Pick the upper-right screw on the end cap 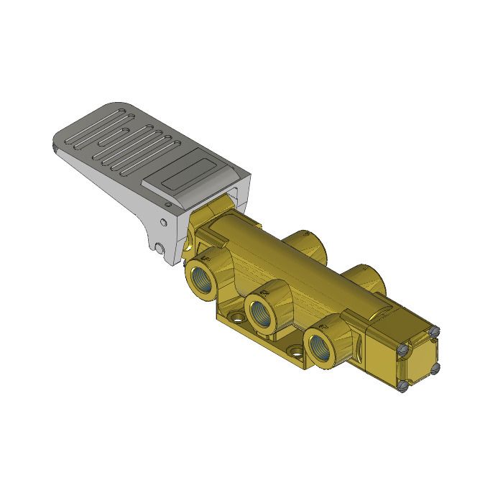pos(433,331)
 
